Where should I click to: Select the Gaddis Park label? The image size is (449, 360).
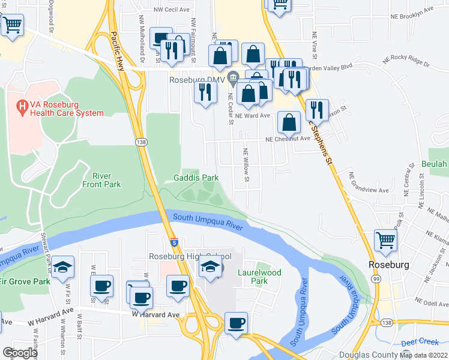[196, 178]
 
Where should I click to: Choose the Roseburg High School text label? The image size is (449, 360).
[190, 256]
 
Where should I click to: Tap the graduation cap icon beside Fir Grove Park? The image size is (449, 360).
[62, 268]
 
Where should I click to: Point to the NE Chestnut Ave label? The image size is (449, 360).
[288, 139]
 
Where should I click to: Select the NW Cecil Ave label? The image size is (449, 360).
[172, 10]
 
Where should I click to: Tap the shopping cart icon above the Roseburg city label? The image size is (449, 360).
[386, 239]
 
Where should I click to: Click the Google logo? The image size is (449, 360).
[20, 353]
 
